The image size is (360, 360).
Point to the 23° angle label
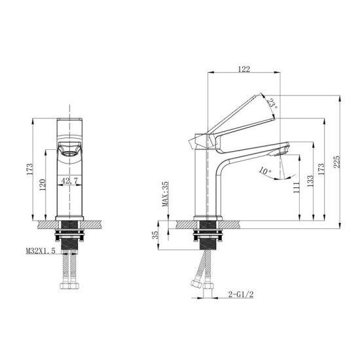click(272, 102)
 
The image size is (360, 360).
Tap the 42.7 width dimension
click(69, 181)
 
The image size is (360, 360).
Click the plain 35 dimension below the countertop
click(154, 234)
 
